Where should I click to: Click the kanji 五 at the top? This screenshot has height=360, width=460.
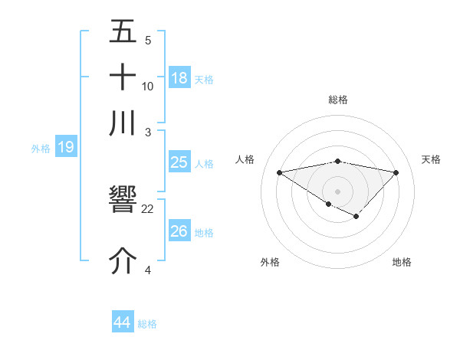click(x=123, y=33)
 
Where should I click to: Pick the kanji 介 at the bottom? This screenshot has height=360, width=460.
click(x=123, y=260)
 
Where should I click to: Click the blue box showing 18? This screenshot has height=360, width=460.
click(x=179, y=78)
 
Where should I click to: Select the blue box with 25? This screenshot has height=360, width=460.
click(x=179, y=163)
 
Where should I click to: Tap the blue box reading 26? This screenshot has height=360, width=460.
click(x=179, y=231)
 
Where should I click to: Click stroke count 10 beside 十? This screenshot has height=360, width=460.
click(x=148, y=87)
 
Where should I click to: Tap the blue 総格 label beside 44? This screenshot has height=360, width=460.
click(x=148, y=324)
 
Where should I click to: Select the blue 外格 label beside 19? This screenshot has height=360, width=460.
click(x=40, y=149)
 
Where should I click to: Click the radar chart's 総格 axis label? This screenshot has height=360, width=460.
click(x=338, y=100)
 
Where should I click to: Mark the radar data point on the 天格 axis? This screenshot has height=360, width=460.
click(x=396, y=172)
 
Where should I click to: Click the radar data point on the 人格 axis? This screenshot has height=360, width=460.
click(x=279, y=172)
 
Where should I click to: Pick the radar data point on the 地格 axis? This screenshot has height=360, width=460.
click(x=356, y=217)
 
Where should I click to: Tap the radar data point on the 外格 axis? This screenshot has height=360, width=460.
click(x=328, y=204)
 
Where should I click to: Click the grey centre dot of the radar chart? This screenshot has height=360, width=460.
click(x=337, y=191)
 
